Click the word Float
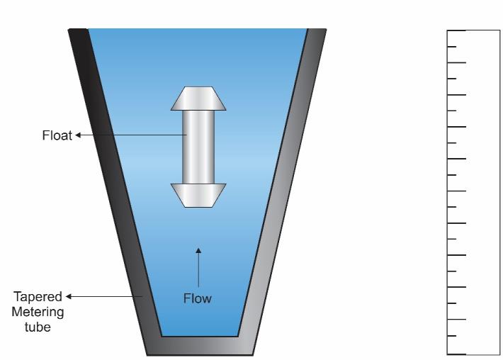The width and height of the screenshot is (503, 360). pos(57,135)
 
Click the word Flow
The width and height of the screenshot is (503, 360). pos(198,298)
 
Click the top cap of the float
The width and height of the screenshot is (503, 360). pos(198,99)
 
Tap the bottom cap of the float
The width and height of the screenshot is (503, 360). pos(198,195)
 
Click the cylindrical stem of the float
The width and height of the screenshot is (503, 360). pos(198,147)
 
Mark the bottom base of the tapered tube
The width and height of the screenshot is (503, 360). pos(199,345)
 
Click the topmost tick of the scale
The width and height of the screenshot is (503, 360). pos(457,30)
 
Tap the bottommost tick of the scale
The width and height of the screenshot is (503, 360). pos(457,352)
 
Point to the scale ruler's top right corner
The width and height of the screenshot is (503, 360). pos(499,30)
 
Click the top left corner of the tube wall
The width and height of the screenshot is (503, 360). pos(69,30)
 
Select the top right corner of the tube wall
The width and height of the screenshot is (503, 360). pos(326,30)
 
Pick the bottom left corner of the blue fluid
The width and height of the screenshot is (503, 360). pos(162,335)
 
